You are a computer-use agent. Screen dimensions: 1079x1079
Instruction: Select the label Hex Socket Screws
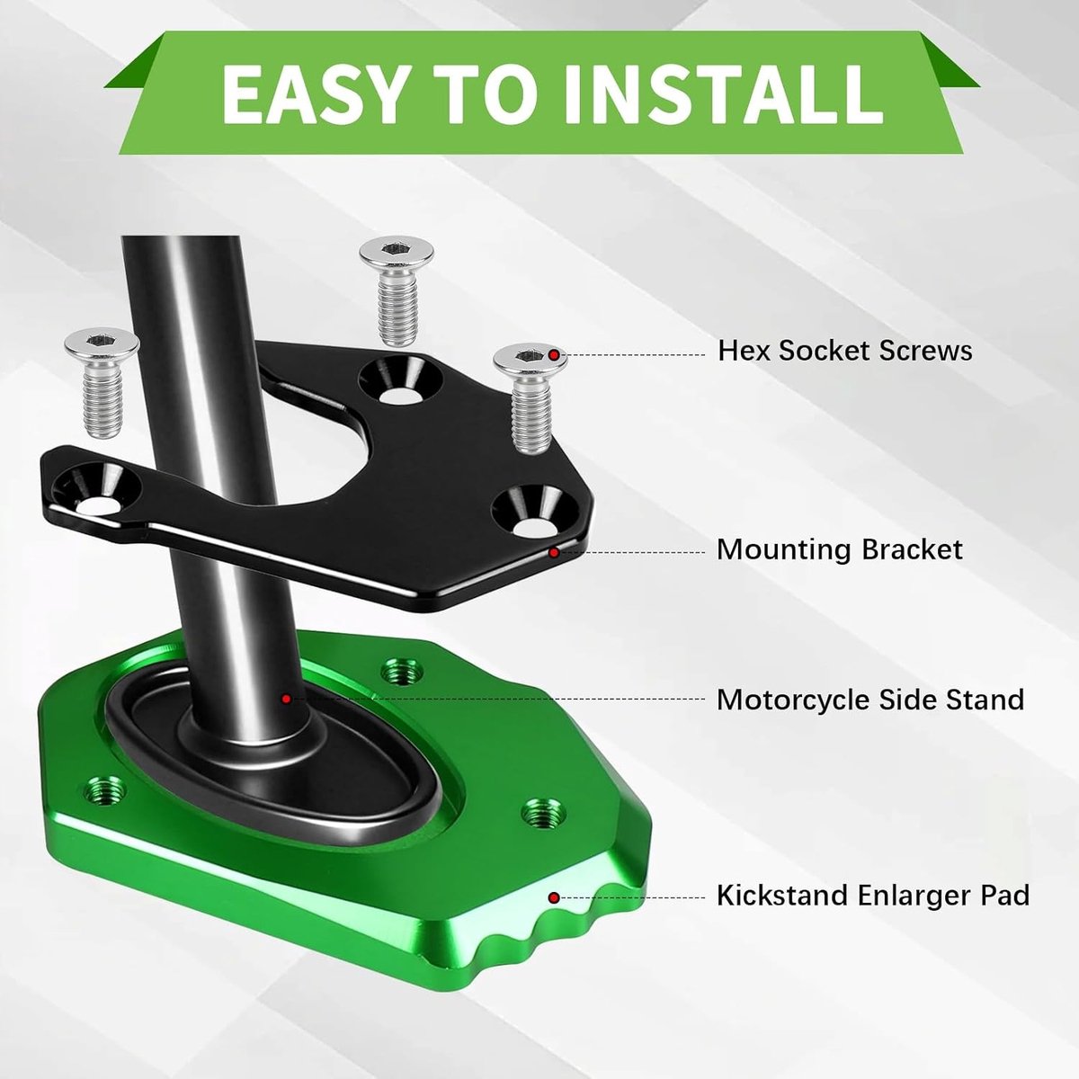click(845, 351)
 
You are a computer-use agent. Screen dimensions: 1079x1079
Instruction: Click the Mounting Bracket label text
click(840, 550)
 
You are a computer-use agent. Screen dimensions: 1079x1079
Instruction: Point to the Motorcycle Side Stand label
click(870, 700)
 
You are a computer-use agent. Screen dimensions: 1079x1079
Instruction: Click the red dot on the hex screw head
click(553, 355)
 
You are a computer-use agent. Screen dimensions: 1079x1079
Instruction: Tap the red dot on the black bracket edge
click(553, 553)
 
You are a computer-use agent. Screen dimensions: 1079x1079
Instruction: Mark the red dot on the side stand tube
click(286, 699)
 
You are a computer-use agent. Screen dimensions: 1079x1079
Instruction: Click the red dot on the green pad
click(554, 898)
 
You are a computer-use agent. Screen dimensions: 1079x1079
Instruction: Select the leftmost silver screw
click(102, 382)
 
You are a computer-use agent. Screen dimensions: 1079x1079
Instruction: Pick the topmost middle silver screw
click(397, 291)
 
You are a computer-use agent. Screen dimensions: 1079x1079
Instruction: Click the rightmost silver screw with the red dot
click(531, 398)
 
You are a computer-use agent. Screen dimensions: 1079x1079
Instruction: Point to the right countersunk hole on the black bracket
click(535, 513)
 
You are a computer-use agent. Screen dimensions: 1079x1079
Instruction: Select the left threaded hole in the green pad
click(104, 790)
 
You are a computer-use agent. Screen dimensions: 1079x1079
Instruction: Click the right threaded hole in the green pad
click(543, 814)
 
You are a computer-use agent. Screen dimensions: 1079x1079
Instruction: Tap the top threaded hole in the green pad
click(401, 671)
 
